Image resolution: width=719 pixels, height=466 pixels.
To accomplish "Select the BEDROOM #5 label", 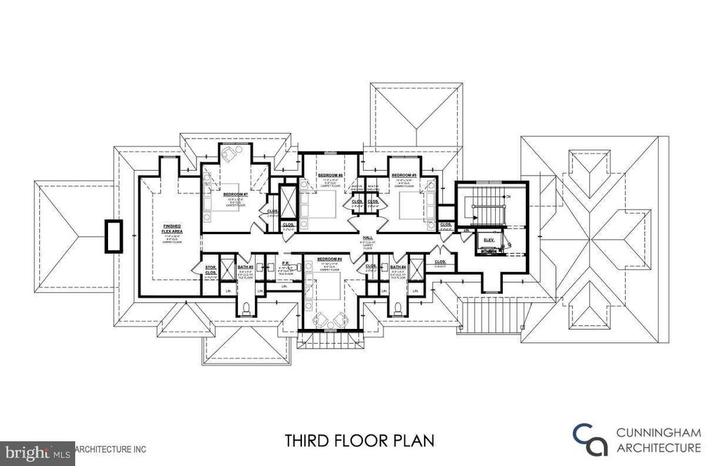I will coord(404,174).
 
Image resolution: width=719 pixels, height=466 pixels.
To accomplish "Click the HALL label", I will coord(367,238).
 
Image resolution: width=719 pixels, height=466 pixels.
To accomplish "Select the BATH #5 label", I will coord(246,267).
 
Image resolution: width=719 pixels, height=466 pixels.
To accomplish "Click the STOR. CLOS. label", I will coord(209,270).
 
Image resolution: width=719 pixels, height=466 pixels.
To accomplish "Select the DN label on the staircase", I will coord(507,197).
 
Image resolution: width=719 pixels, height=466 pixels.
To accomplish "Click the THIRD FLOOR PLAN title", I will coord(359,441).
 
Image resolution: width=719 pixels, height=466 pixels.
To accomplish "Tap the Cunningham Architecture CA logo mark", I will coord(588,439).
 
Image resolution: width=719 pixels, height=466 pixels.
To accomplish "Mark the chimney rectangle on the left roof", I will coord(114,236).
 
